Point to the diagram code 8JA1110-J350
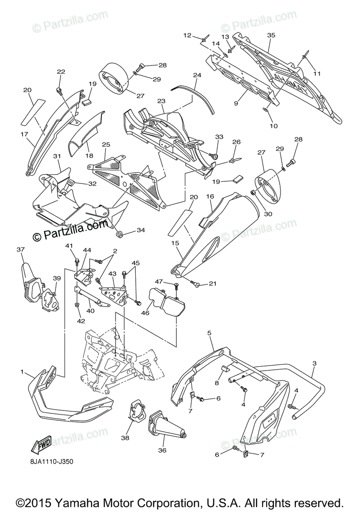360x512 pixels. tap(54, 462)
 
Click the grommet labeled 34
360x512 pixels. tap(120, 233)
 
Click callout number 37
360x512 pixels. tap(21, 249)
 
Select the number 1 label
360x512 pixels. tap(22, 372)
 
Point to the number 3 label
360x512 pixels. tap(314, 364)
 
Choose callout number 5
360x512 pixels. tap(210, 332)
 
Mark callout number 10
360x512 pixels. tap(274, 126)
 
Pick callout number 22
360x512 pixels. tap(61, 72)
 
